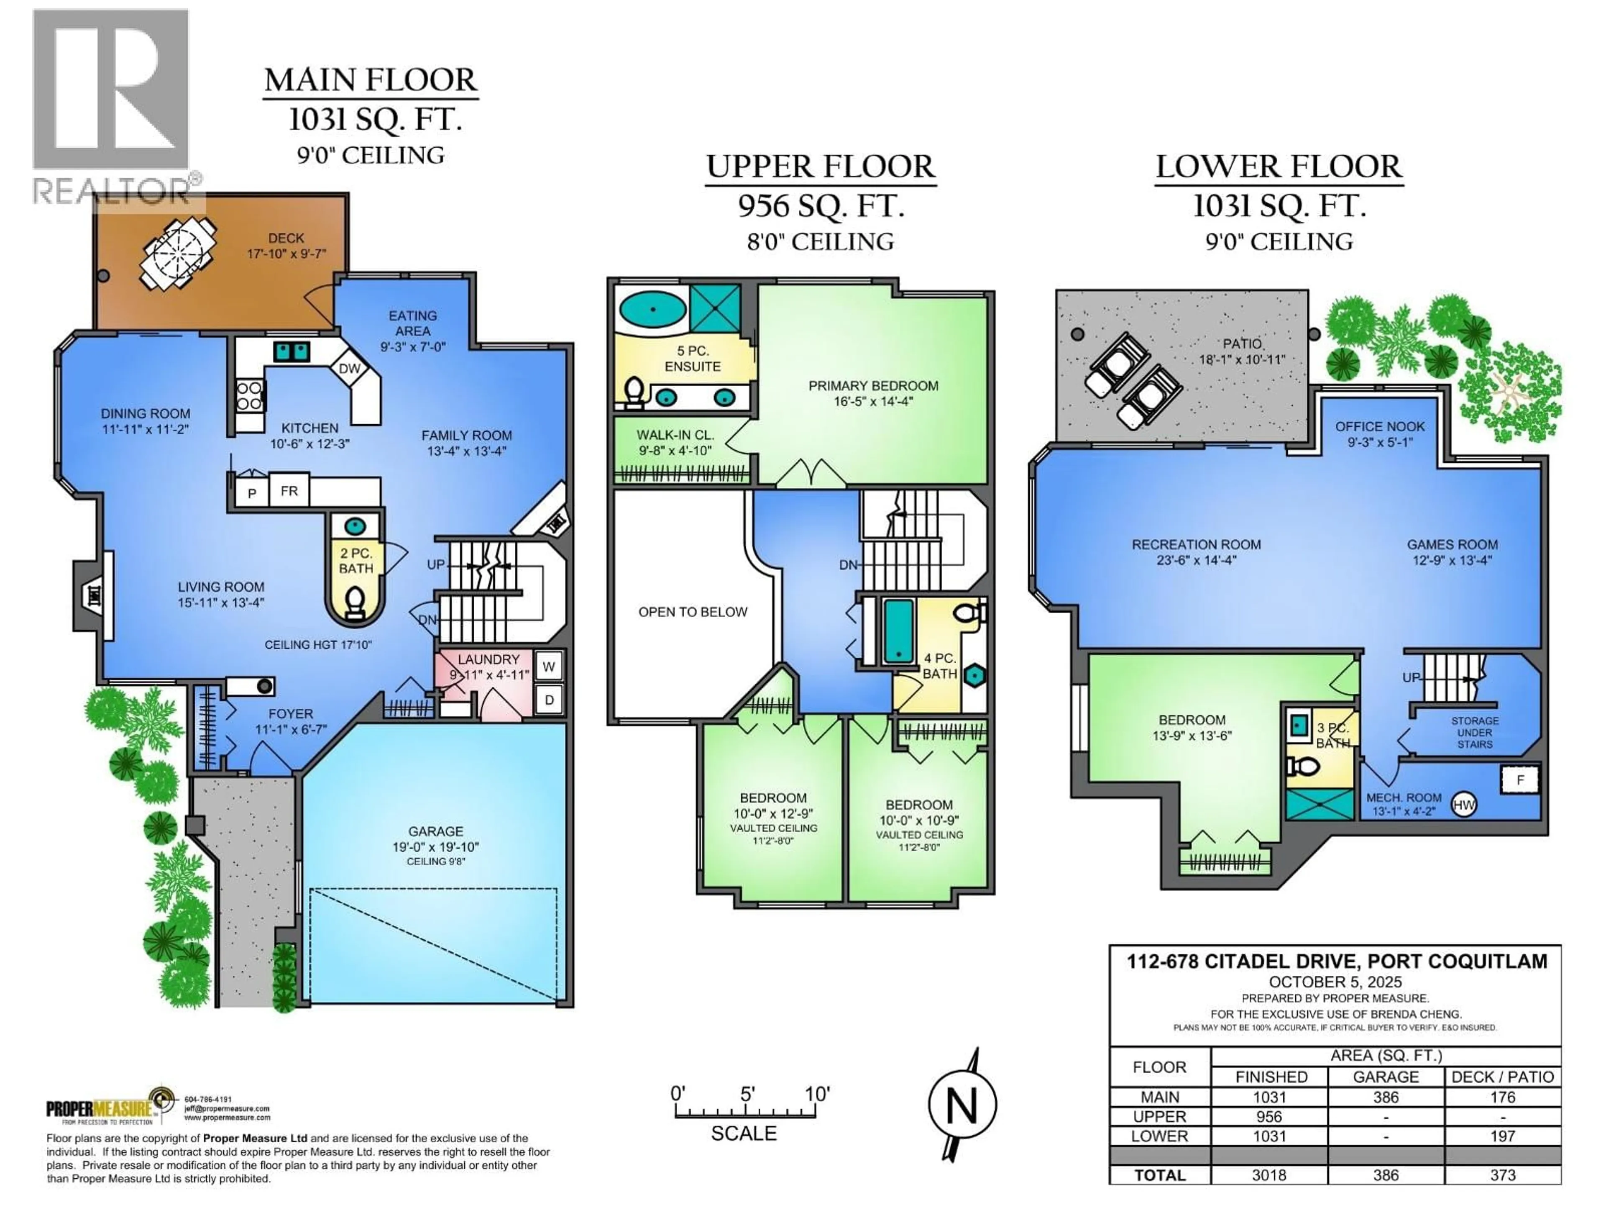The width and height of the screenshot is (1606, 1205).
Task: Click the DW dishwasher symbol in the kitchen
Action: tap(349, 368)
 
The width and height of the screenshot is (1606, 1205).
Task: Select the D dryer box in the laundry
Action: tap(549, 700)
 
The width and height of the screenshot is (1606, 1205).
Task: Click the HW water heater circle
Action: tap(1464, 805)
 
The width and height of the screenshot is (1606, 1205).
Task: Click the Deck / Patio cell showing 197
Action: tap(1502, 1136)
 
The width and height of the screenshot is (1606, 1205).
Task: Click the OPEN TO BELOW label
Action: tap(693, 612)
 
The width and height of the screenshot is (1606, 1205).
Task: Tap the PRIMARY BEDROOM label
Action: tap(873, 386)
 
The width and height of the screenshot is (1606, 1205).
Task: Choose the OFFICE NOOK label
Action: tap(1379, 426)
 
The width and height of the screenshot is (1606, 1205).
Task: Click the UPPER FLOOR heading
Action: tap(821, 167)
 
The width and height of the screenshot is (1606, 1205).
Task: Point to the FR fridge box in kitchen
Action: tap(289, 491)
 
